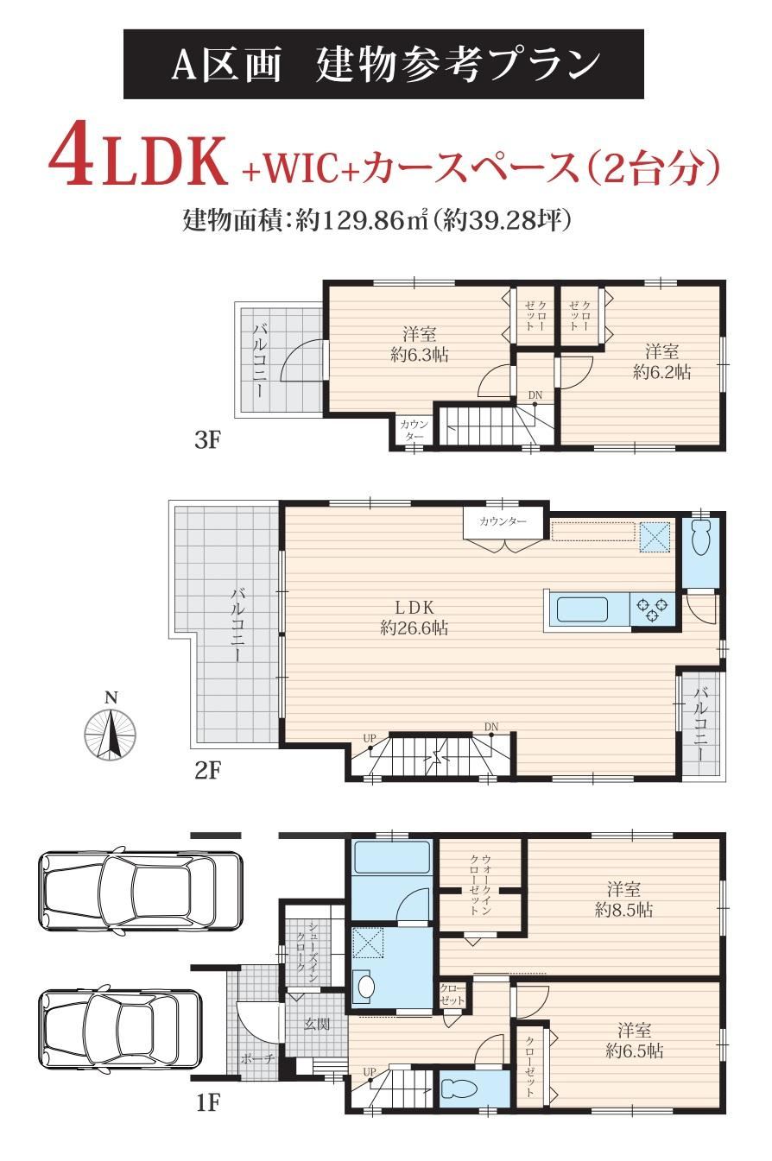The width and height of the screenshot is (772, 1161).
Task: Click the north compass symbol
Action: click(110, 733)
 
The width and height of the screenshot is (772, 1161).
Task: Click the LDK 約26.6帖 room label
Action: click(414, 618)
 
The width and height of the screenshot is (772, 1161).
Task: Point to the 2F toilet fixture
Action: click(699, 538)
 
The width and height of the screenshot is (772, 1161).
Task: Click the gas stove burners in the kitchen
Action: click(652, 609)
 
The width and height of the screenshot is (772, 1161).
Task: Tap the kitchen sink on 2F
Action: click(582, 609)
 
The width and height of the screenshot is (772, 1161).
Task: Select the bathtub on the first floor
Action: click(391, 857)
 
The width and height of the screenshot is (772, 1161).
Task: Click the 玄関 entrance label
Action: click(316, 1024)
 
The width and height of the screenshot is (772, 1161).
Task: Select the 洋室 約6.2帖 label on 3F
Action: click(661, 362)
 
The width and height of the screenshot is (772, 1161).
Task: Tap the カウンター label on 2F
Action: click(503, 521)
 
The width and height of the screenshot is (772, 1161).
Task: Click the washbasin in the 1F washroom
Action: click(366, 987)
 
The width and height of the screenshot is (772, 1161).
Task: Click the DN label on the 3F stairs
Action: click(535, 395)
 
